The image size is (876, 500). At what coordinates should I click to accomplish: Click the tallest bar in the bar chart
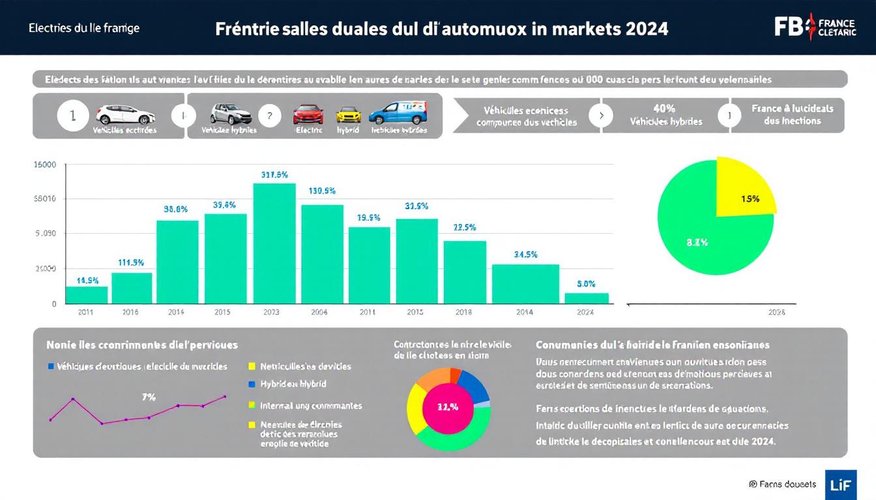274,243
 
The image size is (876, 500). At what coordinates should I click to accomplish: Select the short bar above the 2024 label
587,298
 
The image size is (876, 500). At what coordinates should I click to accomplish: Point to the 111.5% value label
131,262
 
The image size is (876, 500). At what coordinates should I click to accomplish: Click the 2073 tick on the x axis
271,312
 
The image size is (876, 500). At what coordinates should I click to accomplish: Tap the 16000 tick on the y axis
45,165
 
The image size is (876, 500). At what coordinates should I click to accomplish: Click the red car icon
308,115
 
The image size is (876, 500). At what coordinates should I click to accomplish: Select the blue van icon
398,113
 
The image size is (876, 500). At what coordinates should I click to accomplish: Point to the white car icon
126,115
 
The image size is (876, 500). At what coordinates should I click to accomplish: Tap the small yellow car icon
348,115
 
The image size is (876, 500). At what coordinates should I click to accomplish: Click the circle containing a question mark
269,116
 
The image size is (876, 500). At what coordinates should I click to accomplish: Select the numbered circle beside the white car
72,116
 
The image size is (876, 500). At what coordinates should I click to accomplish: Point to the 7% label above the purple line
149,397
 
